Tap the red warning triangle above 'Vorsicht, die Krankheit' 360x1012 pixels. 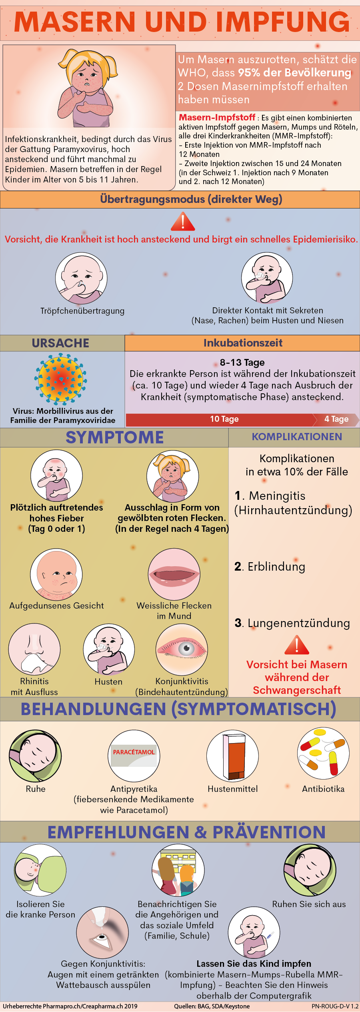pos(183,222)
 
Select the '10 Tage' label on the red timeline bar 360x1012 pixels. pos(224,419)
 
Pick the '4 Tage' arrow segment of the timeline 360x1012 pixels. pos(336,419)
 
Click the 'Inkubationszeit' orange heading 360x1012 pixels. pos(243,343)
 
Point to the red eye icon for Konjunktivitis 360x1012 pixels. pos(182,649)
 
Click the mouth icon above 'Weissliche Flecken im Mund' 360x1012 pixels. pos(174,574)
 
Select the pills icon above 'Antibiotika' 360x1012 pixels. pos(323,753)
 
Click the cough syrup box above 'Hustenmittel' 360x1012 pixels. pos(233,755)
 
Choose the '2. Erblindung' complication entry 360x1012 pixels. pos(270,567)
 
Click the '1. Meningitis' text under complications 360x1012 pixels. pos(270,496)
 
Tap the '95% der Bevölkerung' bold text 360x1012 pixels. pos(294,73)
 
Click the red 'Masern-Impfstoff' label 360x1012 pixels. pos(217,117)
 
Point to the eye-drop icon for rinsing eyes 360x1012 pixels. pos(102,932)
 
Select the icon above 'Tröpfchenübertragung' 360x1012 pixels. pos(81,278)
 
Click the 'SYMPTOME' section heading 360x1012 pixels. pos(114,437)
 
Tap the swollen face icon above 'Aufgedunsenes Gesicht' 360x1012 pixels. pos(56,575)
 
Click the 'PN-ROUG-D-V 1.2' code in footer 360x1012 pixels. pos(335,1006)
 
